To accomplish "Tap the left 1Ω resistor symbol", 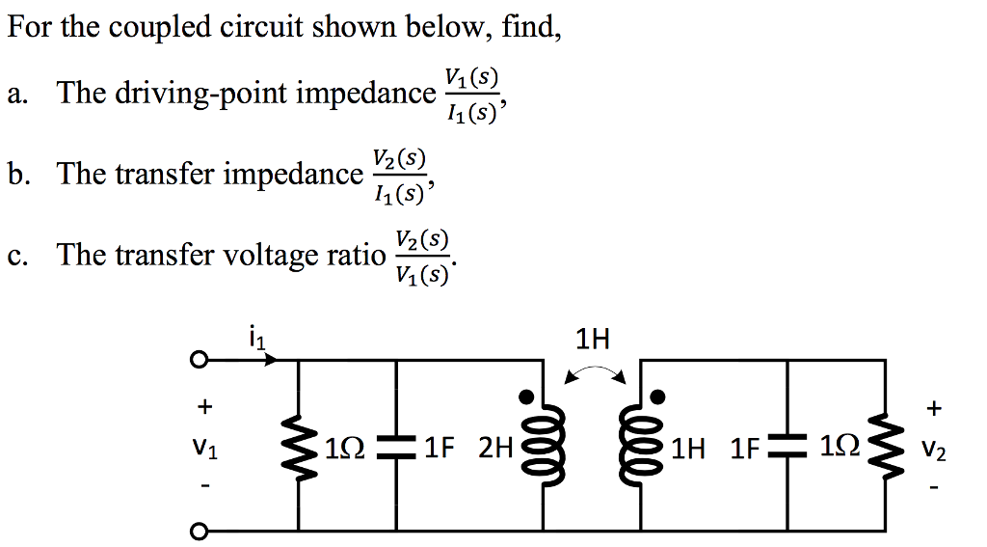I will [x=299, y=447].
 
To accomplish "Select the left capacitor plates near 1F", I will [x=396, y=447].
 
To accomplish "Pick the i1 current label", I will [x=257, y=339].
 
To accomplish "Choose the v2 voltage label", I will [x=933, y=451].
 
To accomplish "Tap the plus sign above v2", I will [x=933, y=409].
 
